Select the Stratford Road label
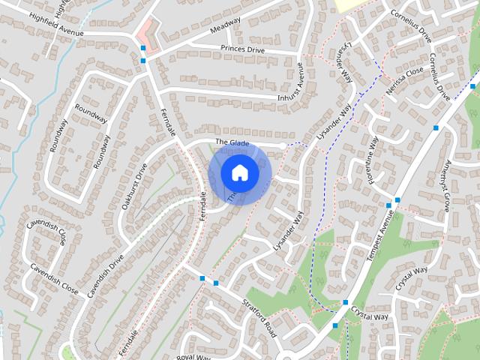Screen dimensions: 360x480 pos(259,316)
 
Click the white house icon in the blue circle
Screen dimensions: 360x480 pos(240,172)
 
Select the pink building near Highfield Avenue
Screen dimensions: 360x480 pos(148,36)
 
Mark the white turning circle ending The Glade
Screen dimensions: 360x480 pos(283,145)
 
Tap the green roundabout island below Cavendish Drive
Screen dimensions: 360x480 pos(68,351)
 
